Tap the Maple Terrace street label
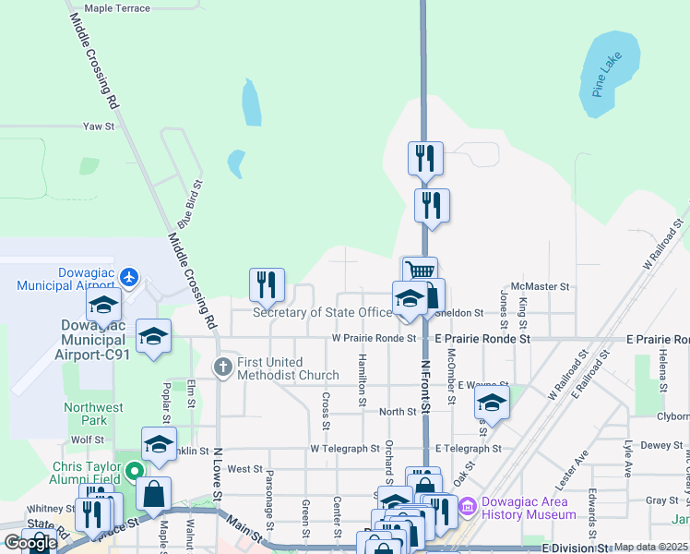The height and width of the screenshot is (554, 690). point(117,8)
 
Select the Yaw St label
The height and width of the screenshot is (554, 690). point(99,126)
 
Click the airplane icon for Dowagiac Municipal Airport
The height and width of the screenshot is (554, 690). point(129,276)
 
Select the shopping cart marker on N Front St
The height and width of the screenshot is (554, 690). point(420,271)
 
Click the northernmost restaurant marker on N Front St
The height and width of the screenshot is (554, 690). point(425,158)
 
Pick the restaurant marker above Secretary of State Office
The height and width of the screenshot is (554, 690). point(268,284)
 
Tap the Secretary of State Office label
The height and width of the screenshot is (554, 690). point(322,312)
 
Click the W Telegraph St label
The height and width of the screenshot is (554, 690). point(345,449)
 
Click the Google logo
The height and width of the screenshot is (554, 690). point(30,543)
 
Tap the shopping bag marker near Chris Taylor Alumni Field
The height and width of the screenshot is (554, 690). point(154,493)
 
